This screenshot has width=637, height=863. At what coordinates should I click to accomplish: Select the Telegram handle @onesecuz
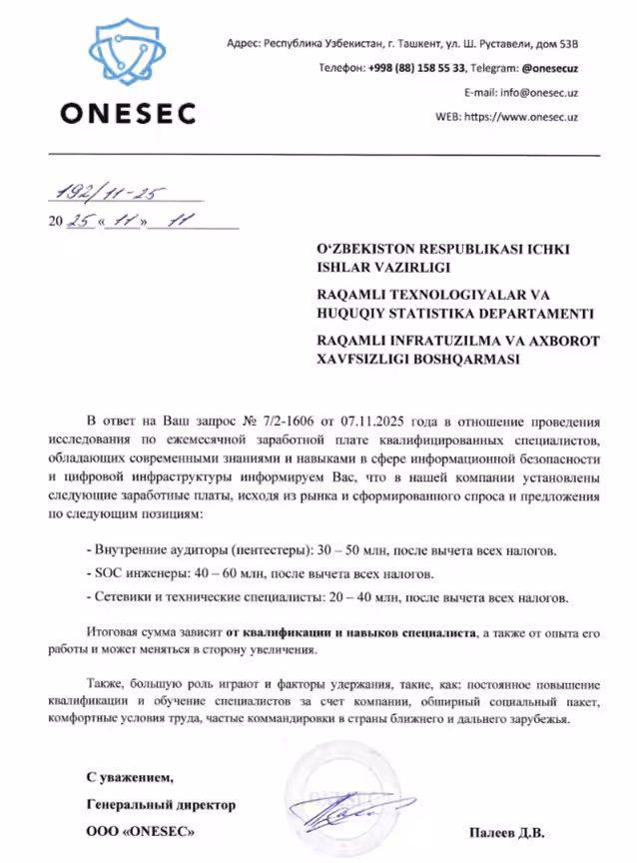point(550,68)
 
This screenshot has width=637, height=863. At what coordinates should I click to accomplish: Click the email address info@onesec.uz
point(539,92)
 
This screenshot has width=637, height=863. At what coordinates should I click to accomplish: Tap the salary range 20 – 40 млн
point(357,598)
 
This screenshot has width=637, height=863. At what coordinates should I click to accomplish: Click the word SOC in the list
point(103,575)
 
